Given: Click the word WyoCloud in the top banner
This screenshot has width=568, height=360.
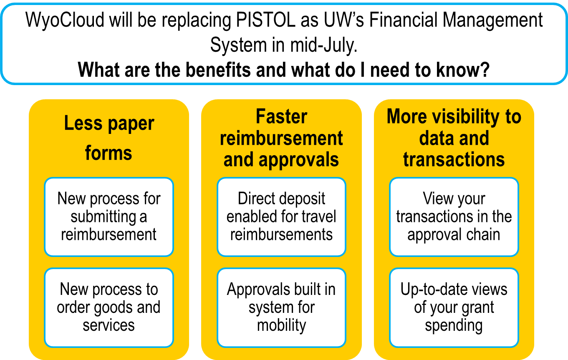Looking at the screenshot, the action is [65, 20].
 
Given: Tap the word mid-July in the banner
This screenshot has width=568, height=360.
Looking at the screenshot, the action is [324, 45].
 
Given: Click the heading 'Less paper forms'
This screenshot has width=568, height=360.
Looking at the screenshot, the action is [109, 138].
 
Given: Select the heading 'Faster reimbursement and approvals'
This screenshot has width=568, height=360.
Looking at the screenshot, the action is [281, 138].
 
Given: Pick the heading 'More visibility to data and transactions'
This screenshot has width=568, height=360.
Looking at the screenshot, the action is [454, 138].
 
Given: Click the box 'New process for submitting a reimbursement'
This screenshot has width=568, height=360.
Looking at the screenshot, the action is [109, 217].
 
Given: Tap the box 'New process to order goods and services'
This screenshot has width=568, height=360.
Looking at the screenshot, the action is [109, 307].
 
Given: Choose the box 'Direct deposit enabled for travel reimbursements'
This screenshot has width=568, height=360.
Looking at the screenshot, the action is [281, 217].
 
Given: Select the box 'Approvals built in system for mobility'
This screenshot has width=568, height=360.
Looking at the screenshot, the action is [281, 307].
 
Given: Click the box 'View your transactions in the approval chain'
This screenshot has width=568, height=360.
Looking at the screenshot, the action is [454, 217].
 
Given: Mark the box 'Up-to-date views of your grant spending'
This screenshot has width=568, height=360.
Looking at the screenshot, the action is [454, 307].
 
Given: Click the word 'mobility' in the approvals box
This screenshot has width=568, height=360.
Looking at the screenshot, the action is [281, 325].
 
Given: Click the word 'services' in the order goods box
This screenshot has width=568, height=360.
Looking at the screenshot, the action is [109, 326].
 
